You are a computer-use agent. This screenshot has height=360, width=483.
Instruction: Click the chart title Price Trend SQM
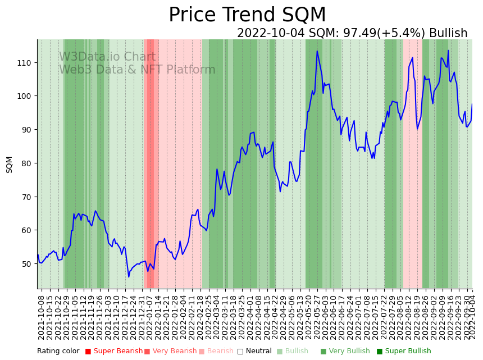click(247, 15)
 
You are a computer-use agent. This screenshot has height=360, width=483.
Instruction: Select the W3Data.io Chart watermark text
click(107, 57)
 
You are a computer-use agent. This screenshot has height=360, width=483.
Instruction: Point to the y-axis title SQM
click(10, 165)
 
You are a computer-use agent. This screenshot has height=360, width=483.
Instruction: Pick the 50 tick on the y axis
click(25, 263)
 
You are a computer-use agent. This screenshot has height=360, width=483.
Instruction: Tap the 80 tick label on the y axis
click(25, 163)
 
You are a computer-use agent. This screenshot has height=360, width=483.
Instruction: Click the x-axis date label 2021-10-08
click(41, 315)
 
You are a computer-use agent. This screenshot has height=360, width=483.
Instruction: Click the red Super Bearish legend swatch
click(88, 352)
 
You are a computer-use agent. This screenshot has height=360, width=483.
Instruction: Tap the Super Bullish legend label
click(407, 352)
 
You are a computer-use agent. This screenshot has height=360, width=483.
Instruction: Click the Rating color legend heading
click(58, 352)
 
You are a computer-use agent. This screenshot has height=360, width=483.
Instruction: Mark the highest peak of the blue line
click(317, 51)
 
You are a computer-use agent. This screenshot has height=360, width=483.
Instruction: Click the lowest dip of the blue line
click(129, 276)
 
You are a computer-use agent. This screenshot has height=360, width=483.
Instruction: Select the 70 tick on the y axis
click(25, 197)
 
